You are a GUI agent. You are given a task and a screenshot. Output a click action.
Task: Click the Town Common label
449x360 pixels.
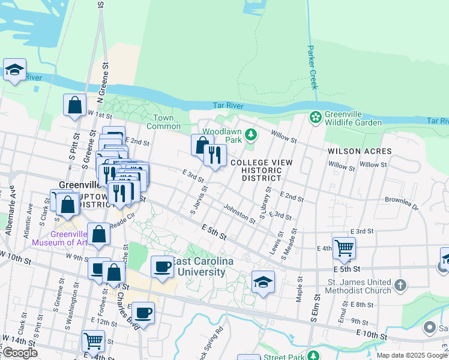click(163, 122)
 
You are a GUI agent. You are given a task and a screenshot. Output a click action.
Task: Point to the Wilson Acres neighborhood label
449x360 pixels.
click(360, 151)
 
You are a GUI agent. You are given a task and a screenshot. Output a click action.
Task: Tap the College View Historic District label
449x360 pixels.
click(261, 170)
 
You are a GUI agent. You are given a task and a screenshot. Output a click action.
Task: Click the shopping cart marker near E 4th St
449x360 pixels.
click(344, 248)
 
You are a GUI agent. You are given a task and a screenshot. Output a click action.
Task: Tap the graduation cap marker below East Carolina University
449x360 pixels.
click(263, 282)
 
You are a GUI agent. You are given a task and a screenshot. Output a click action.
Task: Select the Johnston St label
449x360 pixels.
click(239, 213)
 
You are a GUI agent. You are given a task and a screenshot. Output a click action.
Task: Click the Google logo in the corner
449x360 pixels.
click(19, 352)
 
